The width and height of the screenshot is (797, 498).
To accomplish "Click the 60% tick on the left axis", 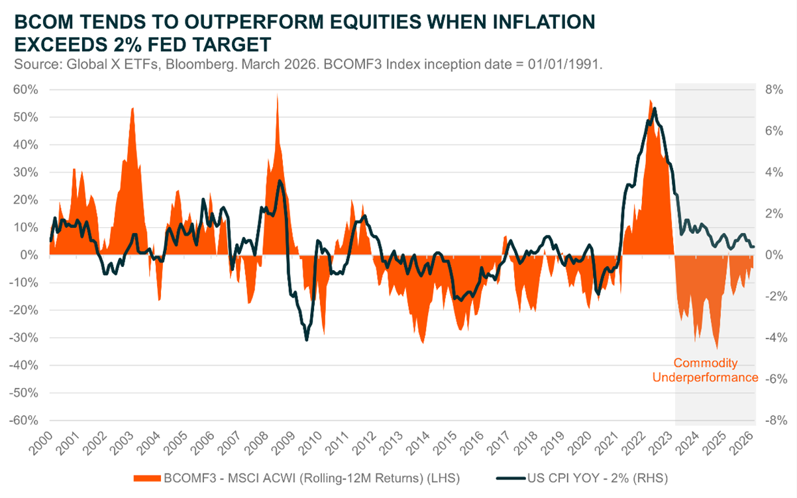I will (x=27, y=89).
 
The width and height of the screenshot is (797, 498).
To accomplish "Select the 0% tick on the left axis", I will (x=29, y=255).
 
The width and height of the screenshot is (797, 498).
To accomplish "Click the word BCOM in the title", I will (x=38, y=23).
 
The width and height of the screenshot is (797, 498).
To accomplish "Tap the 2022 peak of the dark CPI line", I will (x=655, y=109).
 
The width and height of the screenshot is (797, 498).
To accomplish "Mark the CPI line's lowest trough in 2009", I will (x=306, y=340).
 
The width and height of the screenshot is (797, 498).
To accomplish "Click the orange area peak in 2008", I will (x=277, y=95).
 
